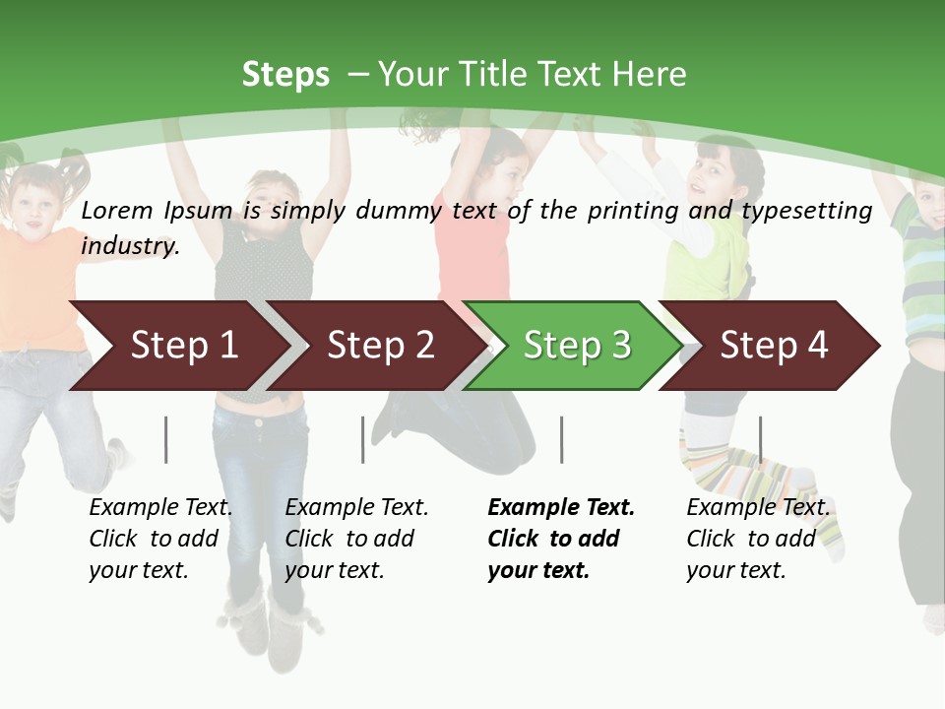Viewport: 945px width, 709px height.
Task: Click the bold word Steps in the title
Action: pos(285,75)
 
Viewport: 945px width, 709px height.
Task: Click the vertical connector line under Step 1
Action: pos(166,439)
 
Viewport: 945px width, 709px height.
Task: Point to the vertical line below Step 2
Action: pos(363,439)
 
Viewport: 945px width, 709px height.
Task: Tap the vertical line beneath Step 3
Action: pos(562,439)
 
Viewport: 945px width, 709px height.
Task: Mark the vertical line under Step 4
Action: pos(760,439)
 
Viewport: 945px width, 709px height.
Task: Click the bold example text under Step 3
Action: pos(560,539)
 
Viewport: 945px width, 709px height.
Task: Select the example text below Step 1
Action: pos(160,539)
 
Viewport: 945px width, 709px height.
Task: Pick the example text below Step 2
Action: pos(356,539)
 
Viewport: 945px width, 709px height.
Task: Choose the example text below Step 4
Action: pos(757,539)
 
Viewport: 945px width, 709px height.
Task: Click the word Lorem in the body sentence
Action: pos(117,210)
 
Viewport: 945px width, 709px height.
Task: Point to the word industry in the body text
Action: pos(129,245)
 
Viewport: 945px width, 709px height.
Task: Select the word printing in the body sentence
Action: pos(628,210)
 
